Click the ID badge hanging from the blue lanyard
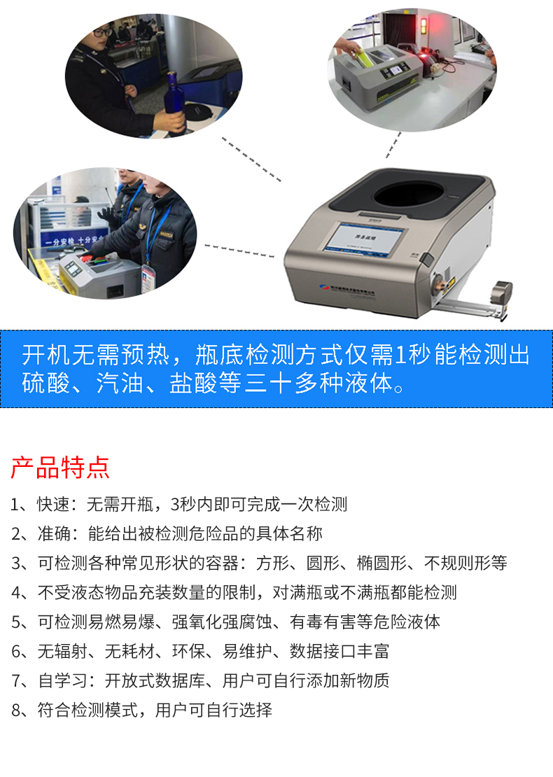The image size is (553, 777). [147, 274]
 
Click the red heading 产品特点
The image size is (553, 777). [59, 466]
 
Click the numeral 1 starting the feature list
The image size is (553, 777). [15, 504]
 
